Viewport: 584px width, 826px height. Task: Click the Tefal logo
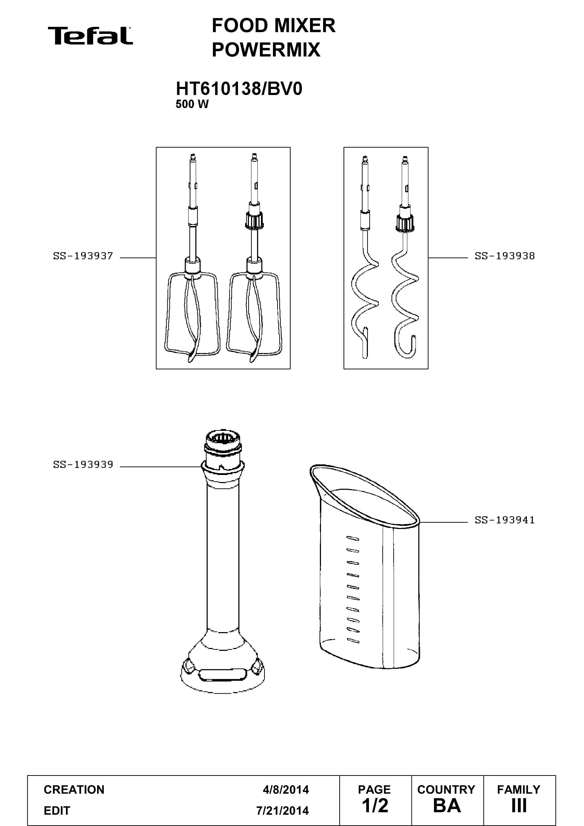click(x=90, y=36)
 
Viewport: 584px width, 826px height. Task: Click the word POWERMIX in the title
click(x=266, y=50)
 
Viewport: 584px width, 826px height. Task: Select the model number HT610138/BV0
click(x=239, y=89)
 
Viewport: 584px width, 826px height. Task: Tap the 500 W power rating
click(x=192, y=104)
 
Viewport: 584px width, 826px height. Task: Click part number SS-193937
click(x=83, y=256)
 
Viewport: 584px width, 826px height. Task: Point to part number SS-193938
click(x=505, y=256)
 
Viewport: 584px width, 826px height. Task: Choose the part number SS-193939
click(x=83, y=465)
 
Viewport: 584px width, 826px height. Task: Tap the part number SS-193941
click(x=505, y=520)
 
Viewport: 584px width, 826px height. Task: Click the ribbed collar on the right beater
click(x=254, y=220)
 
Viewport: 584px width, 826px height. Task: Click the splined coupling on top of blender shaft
click(x=223, y=441)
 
